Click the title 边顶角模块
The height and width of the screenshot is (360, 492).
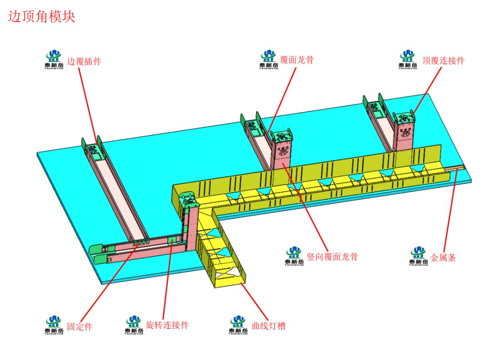(x=41, y=17)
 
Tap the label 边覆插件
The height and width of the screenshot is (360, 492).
(x=84, y=61)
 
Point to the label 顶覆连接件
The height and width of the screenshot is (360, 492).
(x=443, y=60)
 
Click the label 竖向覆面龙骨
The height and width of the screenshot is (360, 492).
(x=332, y=257)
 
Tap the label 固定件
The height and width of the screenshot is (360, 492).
(x=79, y=327)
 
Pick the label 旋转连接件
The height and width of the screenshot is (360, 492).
(x=167, y=325)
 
